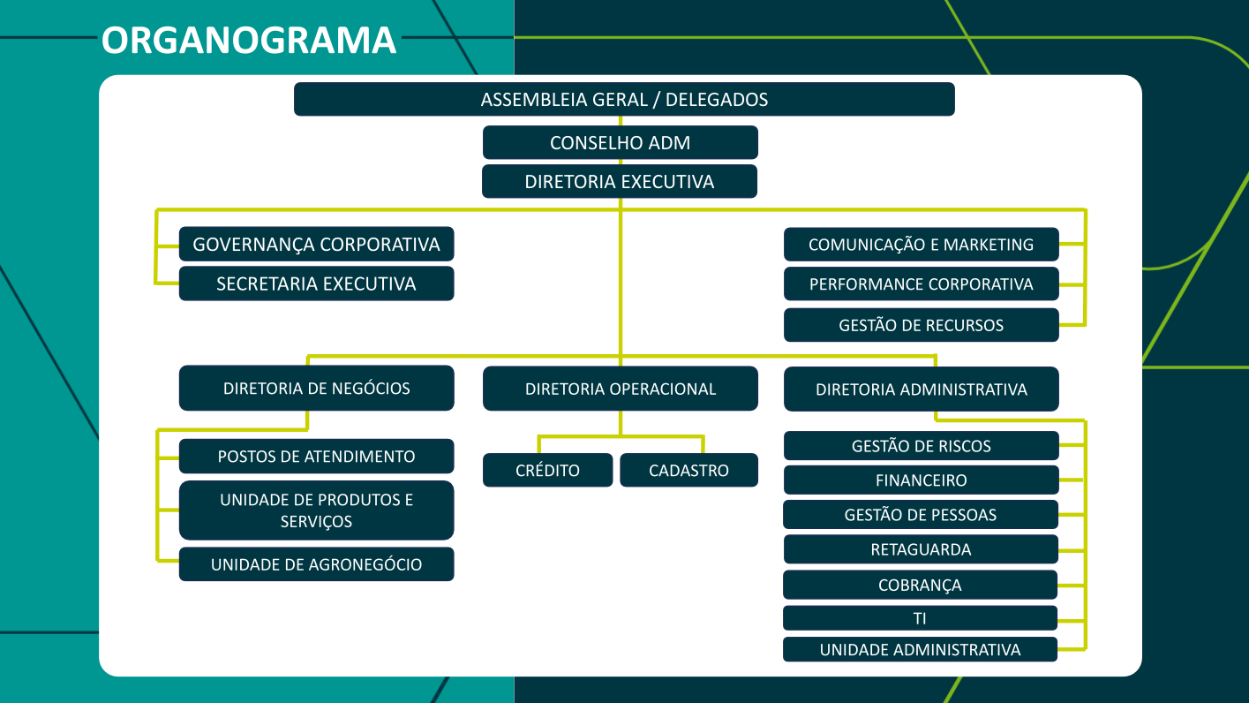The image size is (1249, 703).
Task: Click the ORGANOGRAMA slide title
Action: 249,41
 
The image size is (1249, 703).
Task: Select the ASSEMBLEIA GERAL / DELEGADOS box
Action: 624,99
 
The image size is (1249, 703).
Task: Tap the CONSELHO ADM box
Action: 620,142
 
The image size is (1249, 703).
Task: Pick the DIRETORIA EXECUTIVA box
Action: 619,182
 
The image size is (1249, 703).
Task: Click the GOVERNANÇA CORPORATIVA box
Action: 316,244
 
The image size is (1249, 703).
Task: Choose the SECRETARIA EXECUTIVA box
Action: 316,283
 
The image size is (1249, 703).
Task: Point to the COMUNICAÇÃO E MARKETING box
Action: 921,245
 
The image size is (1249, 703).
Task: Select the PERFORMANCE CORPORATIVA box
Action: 921,284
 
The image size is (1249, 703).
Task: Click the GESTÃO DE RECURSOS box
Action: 921,325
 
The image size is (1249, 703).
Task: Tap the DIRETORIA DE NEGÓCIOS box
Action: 316,388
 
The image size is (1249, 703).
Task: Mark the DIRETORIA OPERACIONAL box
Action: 620,389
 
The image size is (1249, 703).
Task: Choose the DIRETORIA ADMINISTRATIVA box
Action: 921,389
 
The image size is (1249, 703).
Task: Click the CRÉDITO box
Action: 547,470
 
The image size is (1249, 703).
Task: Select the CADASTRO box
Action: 688,470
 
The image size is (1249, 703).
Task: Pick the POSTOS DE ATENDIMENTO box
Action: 316,457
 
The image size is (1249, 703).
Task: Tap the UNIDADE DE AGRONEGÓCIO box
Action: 316,564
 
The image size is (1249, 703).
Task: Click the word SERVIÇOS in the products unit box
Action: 316,522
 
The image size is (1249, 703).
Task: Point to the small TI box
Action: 920,618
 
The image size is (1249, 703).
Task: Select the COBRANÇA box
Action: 920,585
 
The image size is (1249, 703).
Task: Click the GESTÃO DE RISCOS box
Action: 921,446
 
